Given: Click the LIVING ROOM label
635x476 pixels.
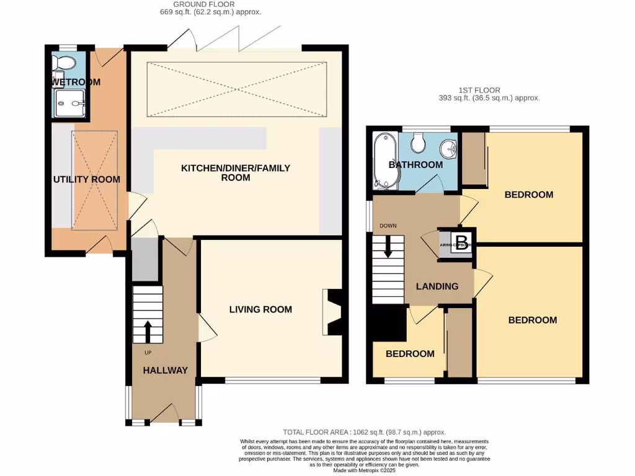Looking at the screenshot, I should [x=260, y=309].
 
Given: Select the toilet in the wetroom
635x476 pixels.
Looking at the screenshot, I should [x=63, y=63].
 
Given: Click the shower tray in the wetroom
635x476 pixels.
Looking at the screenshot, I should [x=69, y=102].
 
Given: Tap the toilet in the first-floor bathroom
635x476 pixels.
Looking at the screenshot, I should [x=418, y=143].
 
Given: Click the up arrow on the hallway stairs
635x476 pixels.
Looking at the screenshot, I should [x=148, y=332].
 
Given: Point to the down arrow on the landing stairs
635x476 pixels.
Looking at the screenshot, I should [x=388, y=248].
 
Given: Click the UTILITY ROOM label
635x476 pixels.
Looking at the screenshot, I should [x=86, y=179].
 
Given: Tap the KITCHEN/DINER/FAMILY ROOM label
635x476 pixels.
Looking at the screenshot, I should [x=235, y=172].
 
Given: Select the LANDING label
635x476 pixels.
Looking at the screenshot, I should [x=437, y=286].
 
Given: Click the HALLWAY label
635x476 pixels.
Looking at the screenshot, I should [x=165, y=370].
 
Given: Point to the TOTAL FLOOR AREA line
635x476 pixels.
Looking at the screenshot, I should [x=364, y=432].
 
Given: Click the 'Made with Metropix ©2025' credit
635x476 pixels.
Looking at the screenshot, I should [x=364, y=471].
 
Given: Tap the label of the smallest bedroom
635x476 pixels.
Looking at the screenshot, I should [x=410, y=353].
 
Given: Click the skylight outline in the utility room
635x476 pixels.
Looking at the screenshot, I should [x=94, y=180].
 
